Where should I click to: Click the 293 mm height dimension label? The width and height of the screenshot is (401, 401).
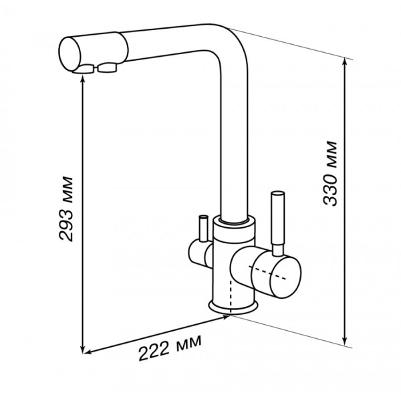[x=66, y=209]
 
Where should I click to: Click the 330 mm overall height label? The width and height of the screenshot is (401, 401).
[x=330, y=173]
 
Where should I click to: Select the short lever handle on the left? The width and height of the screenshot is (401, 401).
[x=203, y=229]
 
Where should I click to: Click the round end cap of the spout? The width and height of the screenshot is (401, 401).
[x=70, y=53]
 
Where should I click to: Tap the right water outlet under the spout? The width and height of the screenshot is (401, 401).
[x=107, y=68]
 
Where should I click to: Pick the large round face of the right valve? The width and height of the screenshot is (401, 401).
[x=276, y=277]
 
